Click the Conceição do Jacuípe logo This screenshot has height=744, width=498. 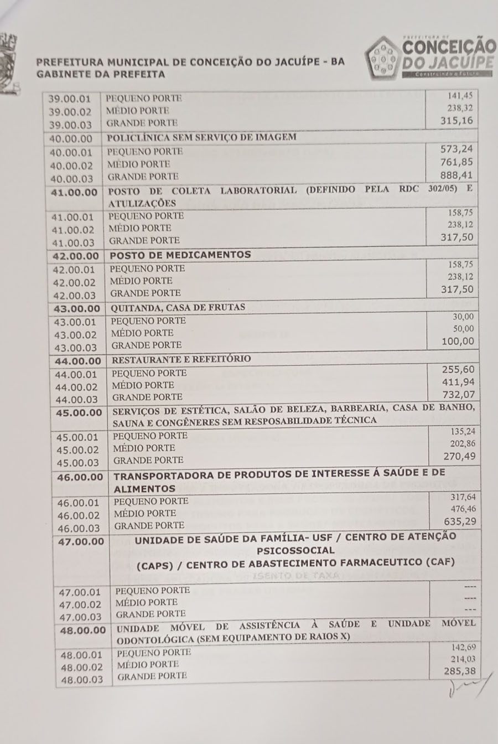[430, 58]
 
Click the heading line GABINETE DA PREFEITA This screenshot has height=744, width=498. [101, 74]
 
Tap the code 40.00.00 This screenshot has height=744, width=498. [71, 138]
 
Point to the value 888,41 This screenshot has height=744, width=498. [457, 175]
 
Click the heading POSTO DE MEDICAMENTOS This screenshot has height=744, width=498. [180, 255]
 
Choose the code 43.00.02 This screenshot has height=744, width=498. [75, 335]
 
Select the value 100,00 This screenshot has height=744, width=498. [458, 342]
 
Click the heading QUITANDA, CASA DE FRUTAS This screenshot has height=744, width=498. [178, 308]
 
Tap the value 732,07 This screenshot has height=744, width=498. [458, 395]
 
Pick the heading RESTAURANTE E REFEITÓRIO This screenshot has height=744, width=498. [181, 359]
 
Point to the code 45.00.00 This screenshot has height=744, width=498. [79, 413]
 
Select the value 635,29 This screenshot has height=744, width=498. [459, 521]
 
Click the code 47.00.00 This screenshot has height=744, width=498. [81, 541]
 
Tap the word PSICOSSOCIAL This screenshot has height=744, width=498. [295, 551]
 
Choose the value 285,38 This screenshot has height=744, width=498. [459, 671]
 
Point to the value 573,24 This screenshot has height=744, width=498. [457, 149]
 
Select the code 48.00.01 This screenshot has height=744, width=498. [82, 655]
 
